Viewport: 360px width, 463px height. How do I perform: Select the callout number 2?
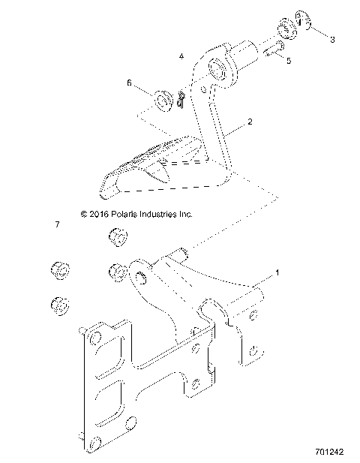(249, 121)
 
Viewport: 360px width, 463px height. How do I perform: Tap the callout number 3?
(333, 38)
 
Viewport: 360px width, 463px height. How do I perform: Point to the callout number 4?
(181, 56)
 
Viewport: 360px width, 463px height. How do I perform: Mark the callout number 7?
(57, 224)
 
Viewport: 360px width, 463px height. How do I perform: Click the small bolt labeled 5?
(272, 50)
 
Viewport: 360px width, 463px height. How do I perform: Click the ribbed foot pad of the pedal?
(159, 154)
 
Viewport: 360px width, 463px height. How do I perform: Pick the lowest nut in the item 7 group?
(59, 305)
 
